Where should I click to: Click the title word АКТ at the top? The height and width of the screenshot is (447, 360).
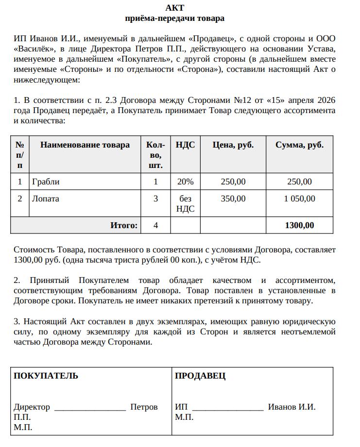coord(174,8)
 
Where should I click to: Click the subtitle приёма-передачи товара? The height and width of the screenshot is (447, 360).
coord(174,18)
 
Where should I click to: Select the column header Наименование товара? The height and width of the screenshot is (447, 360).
coord(85,145)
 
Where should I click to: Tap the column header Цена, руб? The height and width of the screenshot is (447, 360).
coord(233,145)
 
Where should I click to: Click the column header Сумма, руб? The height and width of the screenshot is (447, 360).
coord(299,145)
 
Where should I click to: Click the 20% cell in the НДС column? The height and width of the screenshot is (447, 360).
coord(185,182)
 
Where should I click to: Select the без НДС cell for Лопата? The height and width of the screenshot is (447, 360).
coord(185,204)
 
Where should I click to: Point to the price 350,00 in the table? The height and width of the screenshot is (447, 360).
coord(233,199)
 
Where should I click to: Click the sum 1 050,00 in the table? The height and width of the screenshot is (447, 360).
coord(299,199)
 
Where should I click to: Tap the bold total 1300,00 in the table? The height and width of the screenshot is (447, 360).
coord(299,225)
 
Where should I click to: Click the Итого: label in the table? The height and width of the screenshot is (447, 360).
coord(124,225)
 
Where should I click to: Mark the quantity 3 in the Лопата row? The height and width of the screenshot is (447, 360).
coord(155,199)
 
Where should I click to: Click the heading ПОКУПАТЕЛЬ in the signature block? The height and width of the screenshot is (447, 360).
coord(46,376)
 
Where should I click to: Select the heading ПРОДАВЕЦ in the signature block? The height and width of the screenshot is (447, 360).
coord(200,376)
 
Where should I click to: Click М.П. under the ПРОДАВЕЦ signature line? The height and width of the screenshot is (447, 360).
coord(184,417)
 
